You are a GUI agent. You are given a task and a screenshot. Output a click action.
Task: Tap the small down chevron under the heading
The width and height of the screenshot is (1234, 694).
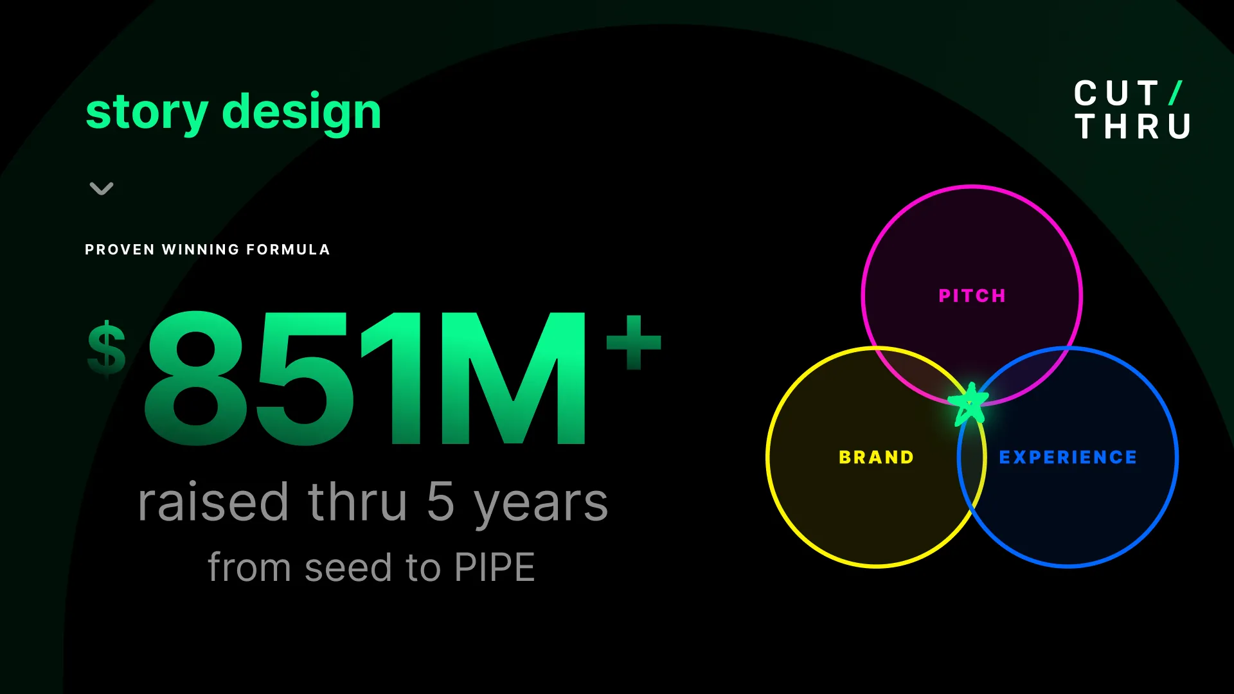(x=102, y=188)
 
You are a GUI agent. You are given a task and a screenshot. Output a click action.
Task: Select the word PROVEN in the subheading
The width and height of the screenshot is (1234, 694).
(x=120, y=249)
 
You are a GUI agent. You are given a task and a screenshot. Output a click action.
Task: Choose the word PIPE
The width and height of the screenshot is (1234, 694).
(x=494, y=567)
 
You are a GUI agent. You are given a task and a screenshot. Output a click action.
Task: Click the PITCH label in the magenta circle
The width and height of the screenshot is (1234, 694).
(x=972, y=296)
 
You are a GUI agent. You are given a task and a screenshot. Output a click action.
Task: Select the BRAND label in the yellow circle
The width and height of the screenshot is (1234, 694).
(x=876, y=457)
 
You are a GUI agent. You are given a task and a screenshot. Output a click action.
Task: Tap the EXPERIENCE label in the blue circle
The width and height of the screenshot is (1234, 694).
(x=1068, y=457)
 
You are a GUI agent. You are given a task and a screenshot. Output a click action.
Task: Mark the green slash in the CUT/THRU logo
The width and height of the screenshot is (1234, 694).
(x=1176, y=93)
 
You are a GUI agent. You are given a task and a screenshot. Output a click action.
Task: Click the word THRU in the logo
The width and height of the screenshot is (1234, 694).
(x=1132, y=126)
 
